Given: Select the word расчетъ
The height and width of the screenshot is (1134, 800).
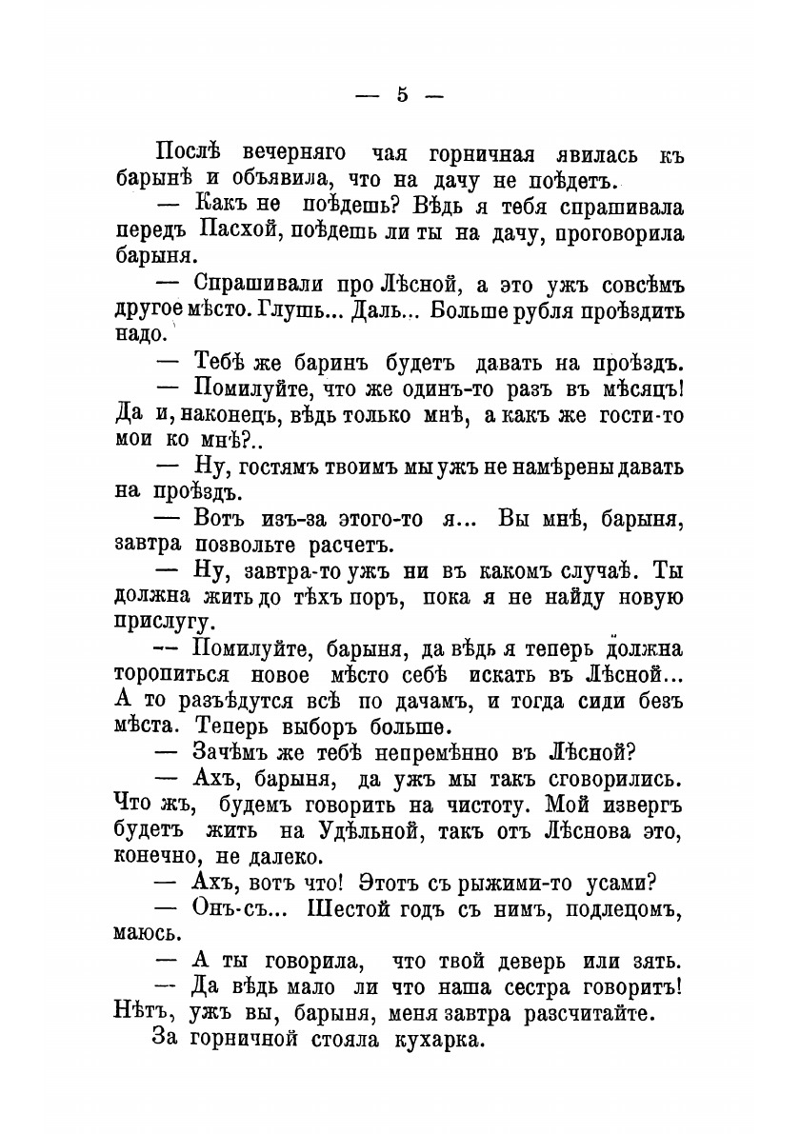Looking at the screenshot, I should coord(341,547).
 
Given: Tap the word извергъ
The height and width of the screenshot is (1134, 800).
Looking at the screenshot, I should coord(637,806).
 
